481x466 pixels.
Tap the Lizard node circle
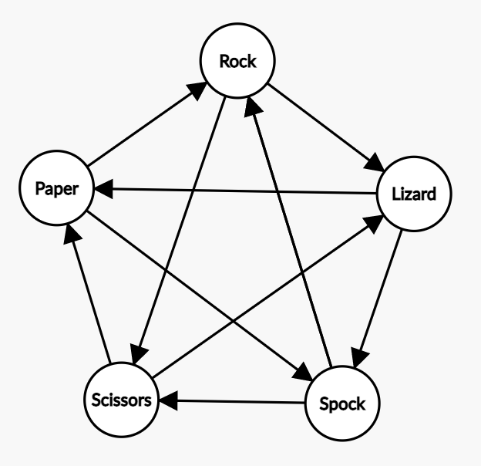(413, 194)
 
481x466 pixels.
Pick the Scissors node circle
(122, 401)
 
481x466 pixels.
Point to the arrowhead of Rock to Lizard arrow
(376, 165)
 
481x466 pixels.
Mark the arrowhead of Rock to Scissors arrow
(137, 356)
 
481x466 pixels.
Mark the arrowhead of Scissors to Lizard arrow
(375, 221)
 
